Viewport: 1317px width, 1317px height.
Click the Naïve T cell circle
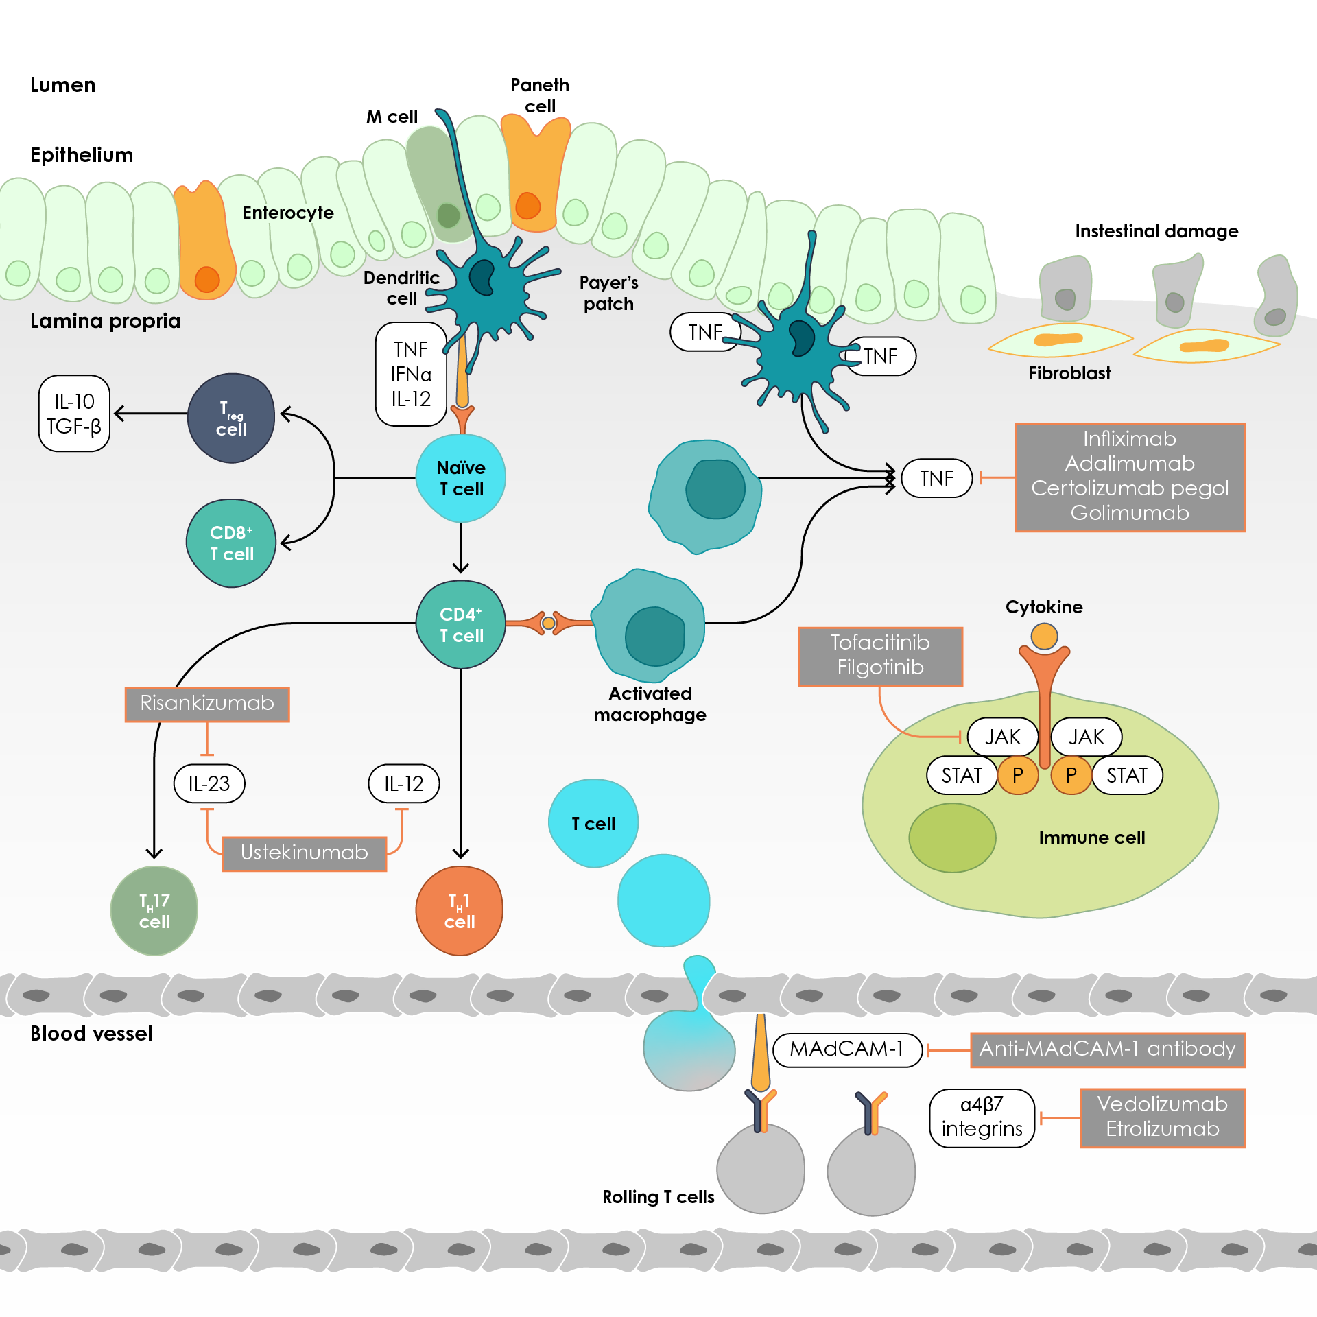(x=461, y=478)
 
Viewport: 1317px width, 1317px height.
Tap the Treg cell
(x=231, y=418)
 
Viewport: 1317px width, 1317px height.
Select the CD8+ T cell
(x=231, y=543)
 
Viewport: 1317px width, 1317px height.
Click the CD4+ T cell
(x=461, y=625)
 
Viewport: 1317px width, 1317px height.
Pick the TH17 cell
(x=154, y=911)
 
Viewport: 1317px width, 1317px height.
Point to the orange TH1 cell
(x=460, y=911)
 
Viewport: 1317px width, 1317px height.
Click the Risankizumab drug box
(x=207, y=704)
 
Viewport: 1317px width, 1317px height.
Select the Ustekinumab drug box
(x=305, y=853)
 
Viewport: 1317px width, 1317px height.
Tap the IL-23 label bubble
(x=209, y=783)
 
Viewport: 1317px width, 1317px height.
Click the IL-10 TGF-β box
(x=74, y=414)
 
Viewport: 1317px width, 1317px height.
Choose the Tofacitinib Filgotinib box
(x=881, y=656)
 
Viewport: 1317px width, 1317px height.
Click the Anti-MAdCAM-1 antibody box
(x=1107, y=1049)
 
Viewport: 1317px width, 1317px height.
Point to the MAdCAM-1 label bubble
(x=847, y=1049)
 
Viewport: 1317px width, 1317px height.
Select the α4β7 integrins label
(x=982, y=1117)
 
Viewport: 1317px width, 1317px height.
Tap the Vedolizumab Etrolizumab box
(x=1163, y=1117)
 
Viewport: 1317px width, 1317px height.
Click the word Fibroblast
(x=1069, y=373)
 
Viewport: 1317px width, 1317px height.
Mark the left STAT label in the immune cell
(x=962, y=776)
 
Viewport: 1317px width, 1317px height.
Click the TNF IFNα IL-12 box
(x=411, y=375)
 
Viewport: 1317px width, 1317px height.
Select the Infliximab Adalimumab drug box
(x=1130, y=477)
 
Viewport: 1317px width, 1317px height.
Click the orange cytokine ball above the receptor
(x=1044, y=636)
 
